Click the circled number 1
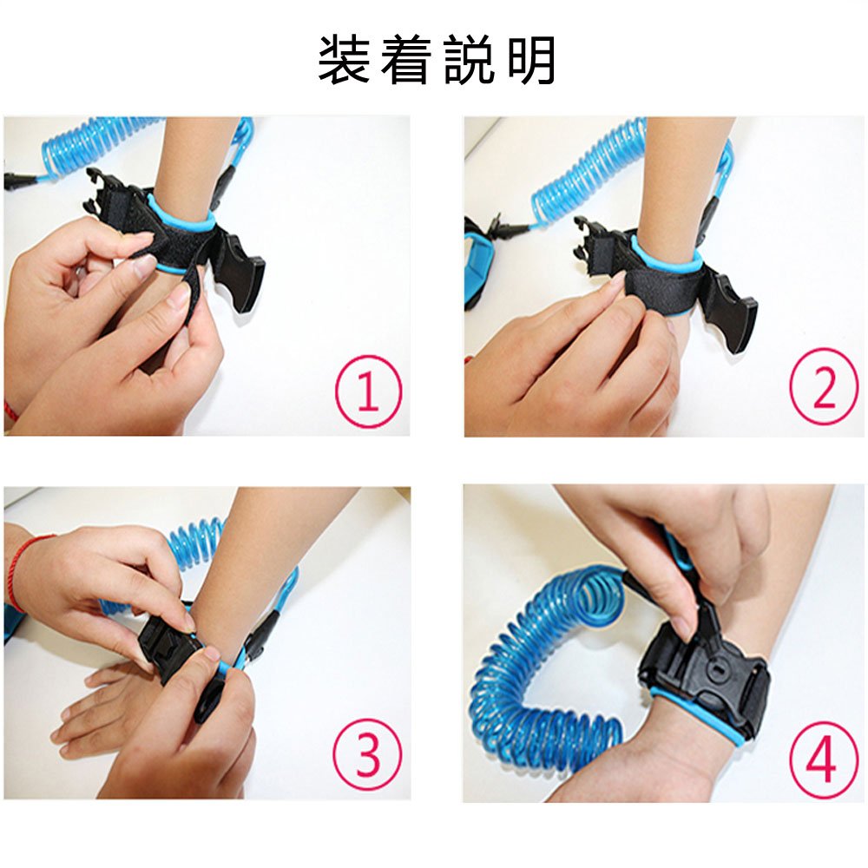pos(368,391)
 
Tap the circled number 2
pos(824,385)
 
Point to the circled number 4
pos(821,759)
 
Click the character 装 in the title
pos(344,60)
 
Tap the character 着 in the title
pos(406,60)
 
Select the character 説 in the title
pos(469,60)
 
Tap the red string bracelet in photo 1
pos(11,409)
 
